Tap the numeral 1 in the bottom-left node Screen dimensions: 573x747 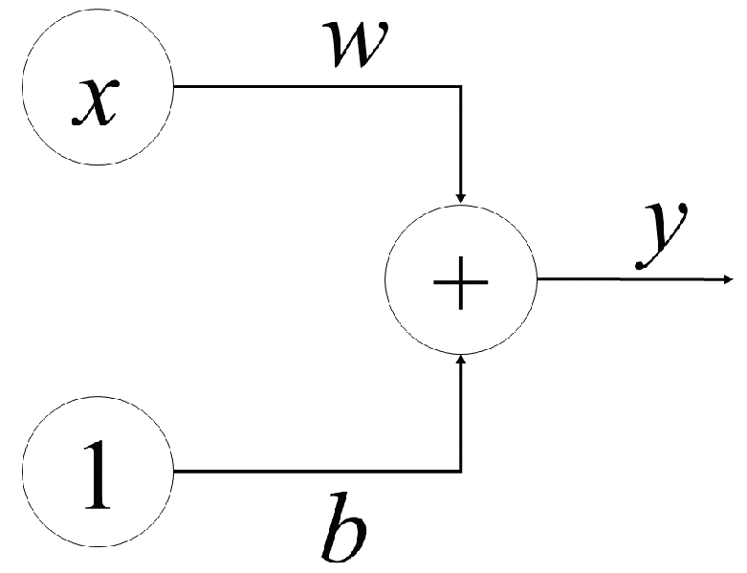[97, 472]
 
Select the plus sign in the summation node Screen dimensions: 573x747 [461, 281]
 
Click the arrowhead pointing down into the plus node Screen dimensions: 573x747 [461, 195]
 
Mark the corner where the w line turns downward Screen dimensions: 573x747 [461, 86]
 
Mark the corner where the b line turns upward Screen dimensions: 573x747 [461, 472]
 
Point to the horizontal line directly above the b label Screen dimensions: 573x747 [344, 472]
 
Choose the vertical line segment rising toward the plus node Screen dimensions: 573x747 [461, 416]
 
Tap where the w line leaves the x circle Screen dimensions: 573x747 [173, 86]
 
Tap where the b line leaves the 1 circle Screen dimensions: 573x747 [173, 472]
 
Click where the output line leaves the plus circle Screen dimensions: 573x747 [538, 279]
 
